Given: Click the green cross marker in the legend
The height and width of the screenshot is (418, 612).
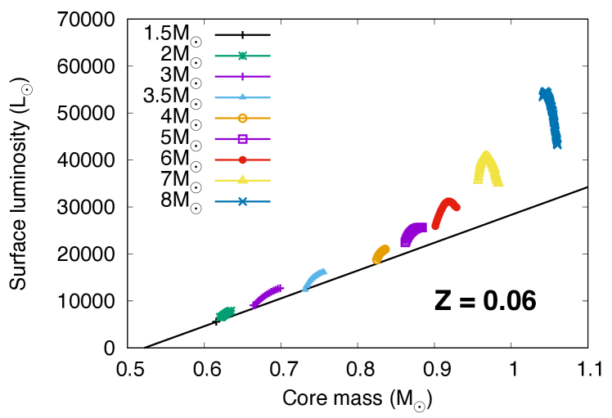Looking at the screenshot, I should click(x=242, y=56).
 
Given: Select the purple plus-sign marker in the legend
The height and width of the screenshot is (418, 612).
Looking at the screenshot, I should click(x=242, y=76).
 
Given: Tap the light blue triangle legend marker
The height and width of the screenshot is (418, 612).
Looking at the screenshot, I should click(x=242, y=97).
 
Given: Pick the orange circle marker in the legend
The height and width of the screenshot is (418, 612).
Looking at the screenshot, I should click(x=242, y=118).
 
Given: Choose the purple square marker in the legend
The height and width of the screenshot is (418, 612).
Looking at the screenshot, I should click(x=242, y=139).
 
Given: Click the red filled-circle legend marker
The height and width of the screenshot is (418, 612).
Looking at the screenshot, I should click(x=242, y=160).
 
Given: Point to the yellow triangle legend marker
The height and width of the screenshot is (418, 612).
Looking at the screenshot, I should click(x=242, y=180).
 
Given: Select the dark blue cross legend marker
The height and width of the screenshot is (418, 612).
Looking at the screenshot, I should click(x=242, y=201).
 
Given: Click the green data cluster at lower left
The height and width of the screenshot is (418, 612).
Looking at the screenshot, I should click(x=225, y=313).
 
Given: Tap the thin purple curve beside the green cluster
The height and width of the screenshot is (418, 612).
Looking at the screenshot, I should click(x=266, y=295).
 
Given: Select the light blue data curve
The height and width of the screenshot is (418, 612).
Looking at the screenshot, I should click(x=314, y=278).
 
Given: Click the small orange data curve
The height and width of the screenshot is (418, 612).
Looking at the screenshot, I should click(x=380, y=254).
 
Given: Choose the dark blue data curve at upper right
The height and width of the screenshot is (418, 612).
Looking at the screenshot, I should click(x=551, y=119).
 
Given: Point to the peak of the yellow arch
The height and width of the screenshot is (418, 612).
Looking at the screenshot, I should click(x=486, y=153).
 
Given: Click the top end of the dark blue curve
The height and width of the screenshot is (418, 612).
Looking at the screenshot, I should click(x=545, y=92).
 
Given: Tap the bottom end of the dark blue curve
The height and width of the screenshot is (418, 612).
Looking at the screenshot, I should click(x=557, y=146).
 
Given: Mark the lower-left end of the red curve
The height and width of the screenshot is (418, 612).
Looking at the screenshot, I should click(x=435, y=226).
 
